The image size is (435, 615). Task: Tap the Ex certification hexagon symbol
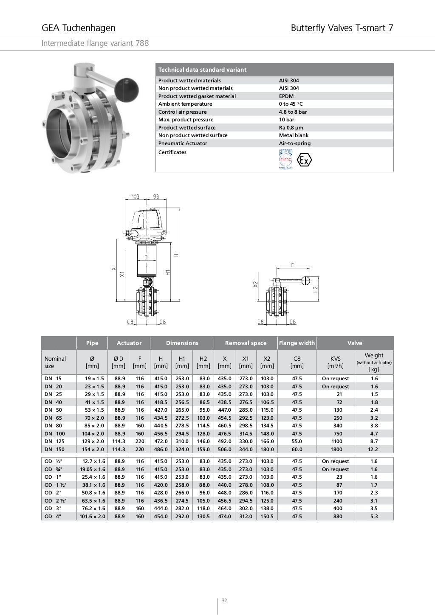(x=304, y=160)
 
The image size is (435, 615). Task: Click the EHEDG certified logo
(x=285, y=160)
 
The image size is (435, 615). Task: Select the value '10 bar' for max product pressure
(x=286, y=120)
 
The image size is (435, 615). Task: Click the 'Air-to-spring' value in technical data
(x=294, y=143)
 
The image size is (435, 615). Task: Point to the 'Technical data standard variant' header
(x=202, y=70)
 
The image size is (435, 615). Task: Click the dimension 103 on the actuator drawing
(x=136, y=197)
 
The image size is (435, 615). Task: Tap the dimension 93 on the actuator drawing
(x=156, y=197)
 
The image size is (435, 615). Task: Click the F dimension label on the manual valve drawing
(x=292, y=265)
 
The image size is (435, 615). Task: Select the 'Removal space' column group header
(x=246, y=343)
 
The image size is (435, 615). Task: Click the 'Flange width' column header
(x=297, y=343)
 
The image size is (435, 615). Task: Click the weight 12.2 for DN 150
(x=374, y=449)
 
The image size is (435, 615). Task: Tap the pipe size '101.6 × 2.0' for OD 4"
(x=92, y=517)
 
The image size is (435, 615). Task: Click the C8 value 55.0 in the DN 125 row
(x=297, y=441)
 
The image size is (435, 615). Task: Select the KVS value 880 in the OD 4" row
(x=338, y=517)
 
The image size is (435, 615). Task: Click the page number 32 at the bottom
(x=224, y=600)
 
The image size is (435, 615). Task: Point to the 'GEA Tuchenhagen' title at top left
(x=79, y=28)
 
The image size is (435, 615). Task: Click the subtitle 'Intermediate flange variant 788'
(x=95, y=43)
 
